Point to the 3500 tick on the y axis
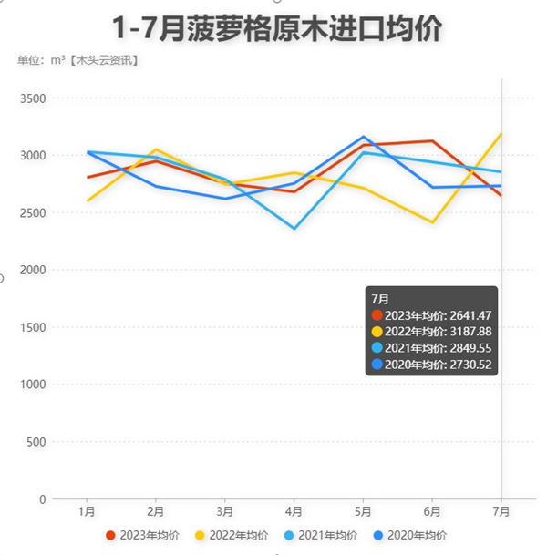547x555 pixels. pyautogui.click(x=35, y=98)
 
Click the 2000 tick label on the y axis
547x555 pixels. pyautogui.click(x=35, y=270)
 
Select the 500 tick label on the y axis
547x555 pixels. pyautogui.click(x=37, y=442)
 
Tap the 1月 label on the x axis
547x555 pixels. pyautogui.click(x=87, y=512)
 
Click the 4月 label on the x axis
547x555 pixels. pyautogui.click(x=294, y=512)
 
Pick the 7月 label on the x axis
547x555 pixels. pyautogui.click(x=501, y=512)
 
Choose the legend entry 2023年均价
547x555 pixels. pyautogui.click(x=142, y=535)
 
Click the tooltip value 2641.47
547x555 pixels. pyautogui.click(x=469, y=314)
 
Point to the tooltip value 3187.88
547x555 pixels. pyautogui.click(x=469, y=331)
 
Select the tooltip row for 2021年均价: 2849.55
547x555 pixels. pyautogui.click(x=432, y=347)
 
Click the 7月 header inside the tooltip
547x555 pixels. pyautogui.click(x=380, y=298)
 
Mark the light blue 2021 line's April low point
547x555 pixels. pyautogui.click(x=294, y=228)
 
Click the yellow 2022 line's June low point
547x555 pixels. pyautogui.click(x=432, y=222)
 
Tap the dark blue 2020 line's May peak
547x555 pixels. pyautogui.click(x=363, y=137)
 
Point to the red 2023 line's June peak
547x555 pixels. pyautogui.click(x=432, y=140)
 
